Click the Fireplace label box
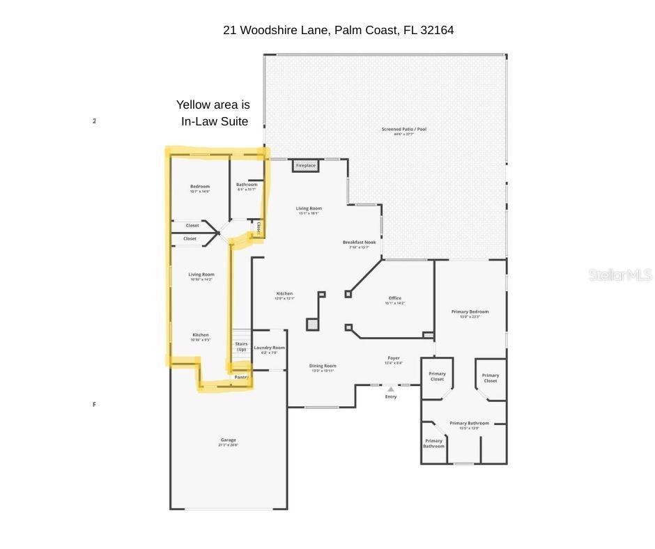click(x=305, y=165)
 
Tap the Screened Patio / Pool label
click(x=403, y=130)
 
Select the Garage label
click(x=228, y=440)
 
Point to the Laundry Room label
click(x=269, y=348)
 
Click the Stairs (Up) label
click(x=241, y=346)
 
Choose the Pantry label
click(x=241, y=377)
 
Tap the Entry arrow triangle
click(x=391, y=389)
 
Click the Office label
click(x=394, y=298)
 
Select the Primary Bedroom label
click(x=470, y=312)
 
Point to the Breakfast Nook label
click(x=359, y=242)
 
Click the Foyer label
click(x=394, y=358)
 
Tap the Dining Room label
click(x=323, y=366)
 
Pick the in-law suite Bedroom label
click(x=200, y=187)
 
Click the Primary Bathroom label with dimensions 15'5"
click(x=469, y=424)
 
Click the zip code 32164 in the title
click(x=437, y=30)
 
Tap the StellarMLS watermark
click(x=620, y=274)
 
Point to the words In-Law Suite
click(x=215, y=121)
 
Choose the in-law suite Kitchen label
click(x=201, y=335)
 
